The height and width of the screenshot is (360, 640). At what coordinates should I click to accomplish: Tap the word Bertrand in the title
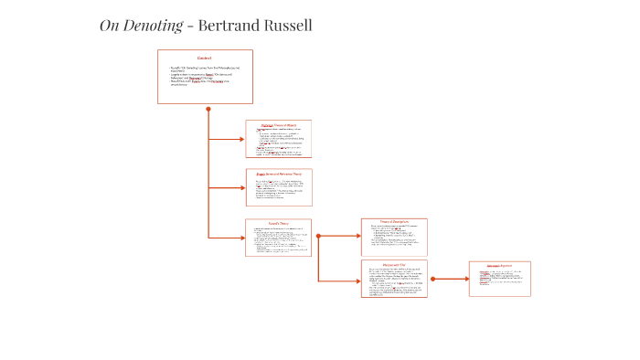[231, 26]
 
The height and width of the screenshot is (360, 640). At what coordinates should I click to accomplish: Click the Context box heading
[204, 58]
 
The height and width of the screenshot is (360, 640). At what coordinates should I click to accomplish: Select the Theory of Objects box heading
[278, 125]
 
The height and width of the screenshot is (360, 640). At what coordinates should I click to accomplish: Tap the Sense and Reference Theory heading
[278, 174]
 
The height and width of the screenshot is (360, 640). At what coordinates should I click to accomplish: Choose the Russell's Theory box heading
[278, 224]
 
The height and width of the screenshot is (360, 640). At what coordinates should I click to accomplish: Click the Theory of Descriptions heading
[393, 222]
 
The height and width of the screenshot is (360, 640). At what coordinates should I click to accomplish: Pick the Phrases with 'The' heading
[393, 264]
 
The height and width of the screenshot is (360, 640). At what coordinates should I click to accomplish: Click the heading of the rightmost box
[499, 266]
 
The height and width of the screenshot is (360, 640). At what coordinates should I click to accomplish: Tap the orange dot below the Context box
[208, 109]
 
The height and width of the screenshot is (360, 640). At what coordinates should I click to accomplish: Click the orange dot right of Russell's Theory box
[318, 236]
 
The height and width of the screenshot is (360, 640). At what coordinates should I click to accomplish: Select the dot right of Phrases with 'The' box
[432, 279]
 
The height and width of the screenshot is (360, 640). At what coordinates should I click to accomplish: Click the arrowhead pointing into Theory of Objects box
[242, 139]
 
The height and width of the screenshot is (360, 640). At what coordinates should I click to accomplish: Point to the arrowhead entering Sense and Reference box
[242, 187]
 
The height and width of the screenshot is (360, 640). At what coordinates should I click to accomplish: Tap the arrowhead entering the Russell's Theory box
[242, 238]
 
